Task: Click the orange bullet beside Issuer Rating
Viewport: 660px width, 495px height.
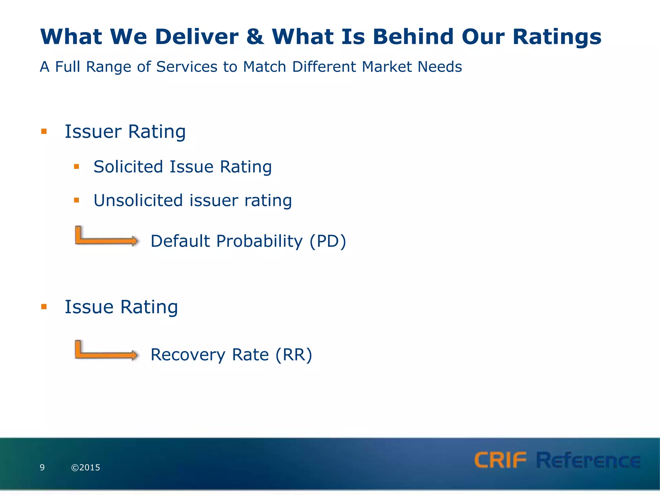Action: point(44,131)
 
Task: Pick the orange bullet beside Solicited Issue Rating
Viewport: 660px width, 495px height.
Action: point(76,167)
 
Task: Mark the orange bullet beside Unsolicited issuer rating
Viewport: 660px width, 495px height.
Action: point(76,200)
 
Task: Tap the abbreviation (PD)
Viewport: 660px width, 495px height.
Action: point(327,241)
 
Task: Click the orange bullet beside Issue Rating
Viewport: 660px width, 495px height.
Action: point(44,307)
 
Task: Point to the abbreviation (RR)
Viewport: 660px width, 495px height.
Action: point(294,355)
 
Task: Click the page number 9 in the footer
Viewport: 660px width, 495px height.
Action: point(42,467)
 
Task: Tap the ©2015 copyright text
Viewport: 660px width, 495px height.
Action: point(86,467)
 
